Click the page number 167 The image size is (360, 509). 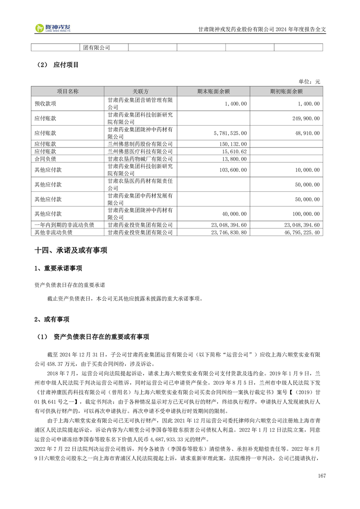click(x=322, y=475)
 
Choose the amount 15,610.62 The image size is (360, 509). click(x=234, y=152)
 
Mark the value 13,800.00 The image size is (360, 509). click(x=234, y=159)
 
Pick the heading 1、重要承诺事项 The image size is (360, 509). click(x=59, y=269)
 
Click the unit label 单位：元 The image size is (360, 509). click(x=309, y=81)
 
